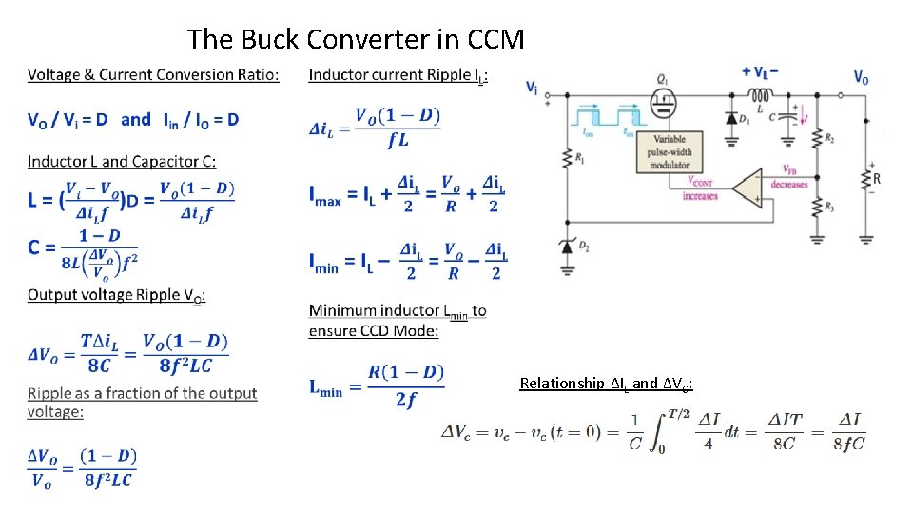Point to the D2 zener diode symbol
(568, 247)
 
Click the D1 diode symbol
(731, 120)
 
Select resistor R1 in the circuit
(568, 160)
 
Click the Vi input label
(532, 87)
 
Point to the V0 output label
(861, 77)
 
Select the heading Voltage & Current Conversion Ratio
(153, 74)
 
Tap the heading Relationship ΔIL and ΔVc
(606, 383)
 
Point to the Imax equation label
(325, 197)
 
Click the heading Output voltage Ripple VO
(116, 295)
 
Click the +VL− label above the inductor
(759, 71)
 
